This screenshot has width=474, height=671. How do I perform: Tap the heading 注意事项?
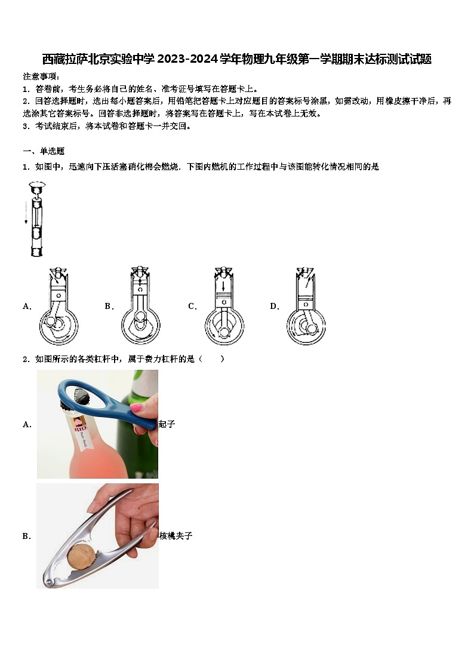[41, 76]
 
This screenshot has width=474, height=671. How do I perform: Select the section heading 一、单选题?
[44, 151]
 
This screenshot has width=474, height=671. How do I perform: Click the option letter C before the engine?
[192, 307]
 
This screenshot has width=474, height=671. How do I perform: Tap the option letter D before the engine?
[275, 307]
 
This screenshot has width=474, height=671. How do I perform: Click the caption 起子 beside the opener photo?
[167, 424]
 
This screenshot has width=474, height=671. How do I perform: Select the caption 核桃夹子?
[176, 536]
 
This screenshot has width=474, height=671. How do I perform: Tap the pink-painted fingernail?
[137, 408]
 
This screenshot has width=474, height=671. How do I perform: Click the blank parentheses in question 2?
[213, 359]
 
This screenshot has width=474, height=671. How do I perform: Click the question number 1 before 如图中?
[26, 167]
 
